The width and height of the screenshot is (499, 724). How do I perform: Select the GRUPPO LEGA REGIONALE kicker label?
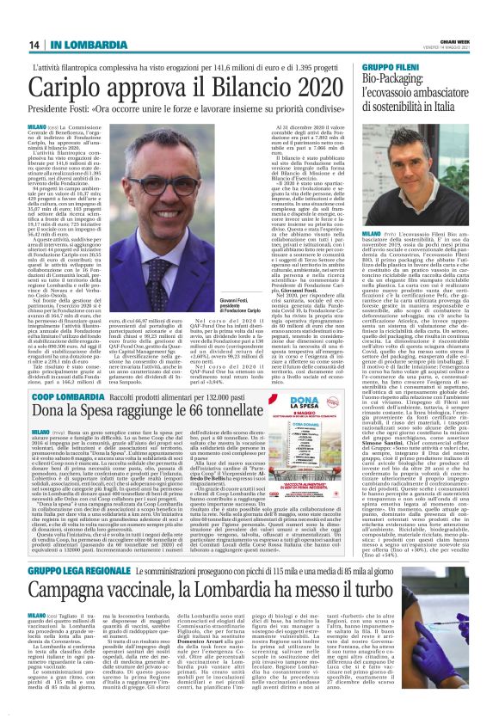[85, 571]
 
